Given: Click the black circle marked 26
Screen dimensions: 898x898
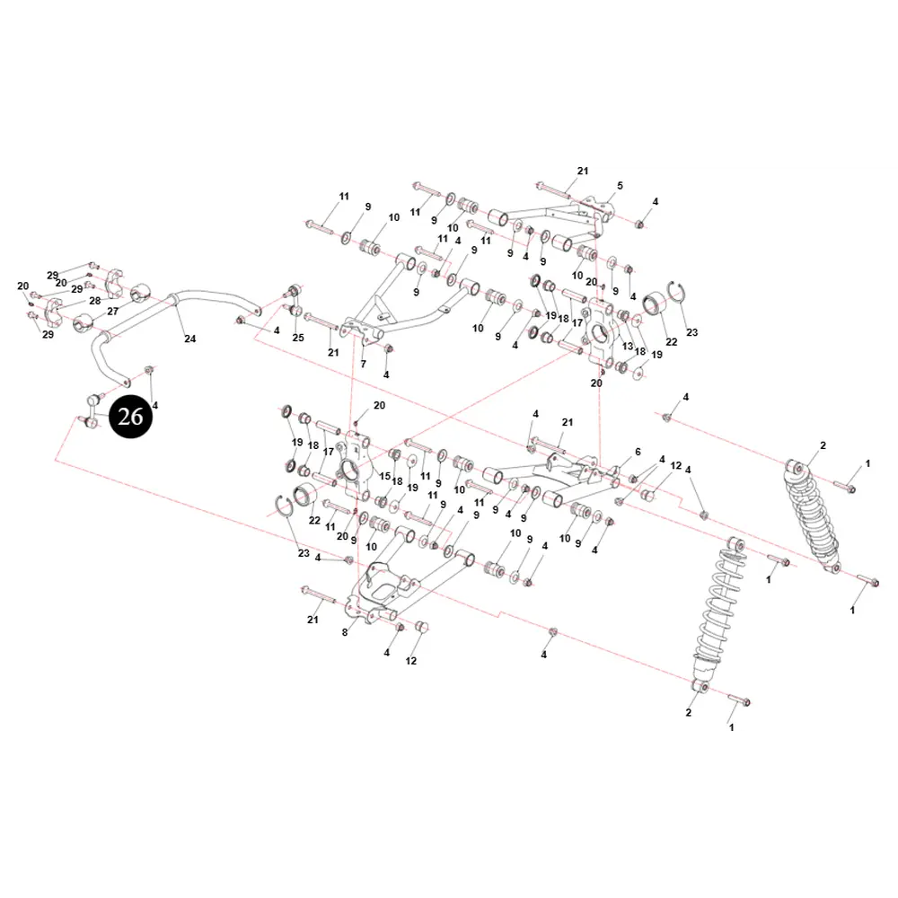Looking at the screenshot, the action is [130, 417].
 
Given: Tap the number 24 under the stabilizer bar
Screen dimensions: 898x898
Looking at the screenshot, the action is [190, 339].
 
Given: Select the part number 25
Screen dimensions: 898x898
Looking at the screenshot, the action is [298, 338].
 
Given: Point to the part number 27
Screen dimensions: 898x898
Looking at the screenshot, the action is [113, 312].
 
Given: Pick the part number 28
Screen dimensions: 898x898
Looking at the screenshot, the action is [95, 301].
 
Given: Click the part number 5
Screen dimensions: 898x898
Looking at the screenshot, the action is [620, 186].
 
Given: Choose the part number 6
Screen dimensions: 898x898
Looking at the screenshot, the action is [638, 452].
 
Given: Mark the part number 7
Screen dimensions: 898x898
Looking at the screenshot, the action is [363, 364].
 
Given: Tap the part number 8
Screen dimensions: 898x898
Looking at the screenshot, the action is [345, 632].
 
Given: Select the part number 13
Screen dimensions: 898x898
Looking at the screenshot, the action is [628, 346].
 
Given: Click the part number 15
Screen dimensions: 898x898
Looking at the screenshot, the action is [385, 476].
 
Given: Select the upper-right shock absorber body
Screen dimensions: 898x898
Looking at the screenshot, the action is [814, 515].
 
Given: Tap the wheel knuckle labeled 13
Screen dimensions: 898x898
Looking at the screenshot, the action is [599, 334].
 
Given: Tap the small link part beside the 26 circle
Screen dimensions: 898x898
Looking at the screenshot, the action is [91, 410].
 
